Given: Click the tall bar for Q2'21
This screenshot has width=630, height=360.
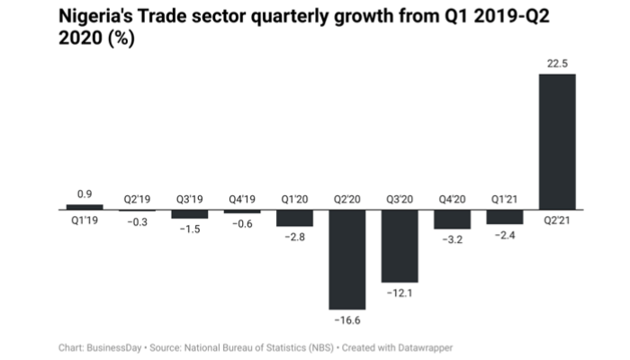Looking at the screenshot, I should [x=556, y=142].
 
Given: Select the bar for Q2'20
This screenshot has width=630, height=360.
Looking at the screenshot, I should [x=346, y=259].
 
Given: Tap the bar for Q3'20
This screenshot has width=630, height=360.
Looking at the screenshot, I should [x=399, y=246].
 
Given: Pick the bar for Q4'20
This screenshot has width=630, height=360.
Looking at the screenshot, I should [x=452, y=220].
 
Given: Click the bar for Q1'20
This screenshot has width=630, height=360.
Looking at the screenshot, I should [x=294, y=218].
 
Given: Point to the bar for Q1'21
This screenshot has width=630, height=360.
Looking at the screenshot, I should [x=504, y=217].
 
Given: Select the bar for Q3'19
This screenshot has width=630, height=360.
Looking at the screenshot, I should [x=189, y=214].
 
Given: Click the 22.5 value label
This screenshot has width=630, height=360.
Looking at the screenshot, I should [x=556, y=62].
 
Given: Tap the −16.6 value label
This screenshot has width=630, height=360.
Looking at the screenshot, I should [x=346, y=320].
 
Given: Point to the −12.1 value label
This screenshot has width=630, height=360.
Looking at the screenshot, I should [x=399, y=294].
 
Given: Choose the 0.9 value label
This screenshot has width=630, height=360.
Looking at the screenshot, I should [x=85, y=193].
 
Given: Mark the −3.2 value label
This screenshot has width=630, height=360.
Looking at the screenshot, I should [x=452, y=241].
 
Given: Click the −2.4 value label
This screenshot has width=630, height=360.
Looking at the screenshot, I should [x=504, y=236].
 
